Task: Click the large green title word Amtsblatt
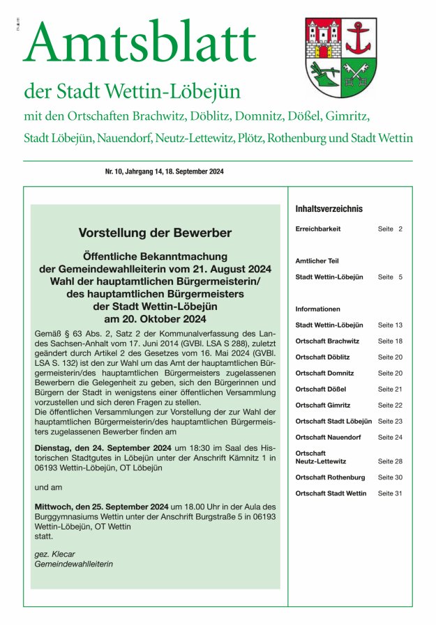point(140,43)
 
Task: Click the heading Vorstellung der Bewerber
point(155,233)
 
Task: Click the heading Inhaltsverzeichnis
point(329,208)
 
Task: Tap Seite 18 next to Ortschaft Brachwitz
point(390,341)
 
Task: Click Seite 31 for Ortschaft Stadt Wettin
point(390,493)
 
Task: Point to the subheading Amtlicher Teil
point(317,261)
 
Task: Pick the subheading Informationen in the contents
point(318,309)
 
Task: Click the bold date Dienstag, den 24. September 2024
point(104,447)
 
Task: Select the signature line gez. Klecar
point(54,554)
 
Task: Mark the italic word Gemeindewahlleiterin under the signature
point(73,564)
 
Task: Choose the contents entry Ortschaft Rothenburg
point(330,477)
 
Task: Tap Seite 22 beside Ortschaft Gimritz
point(390,405)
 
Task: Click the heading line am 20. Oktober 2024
point(155,318)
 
